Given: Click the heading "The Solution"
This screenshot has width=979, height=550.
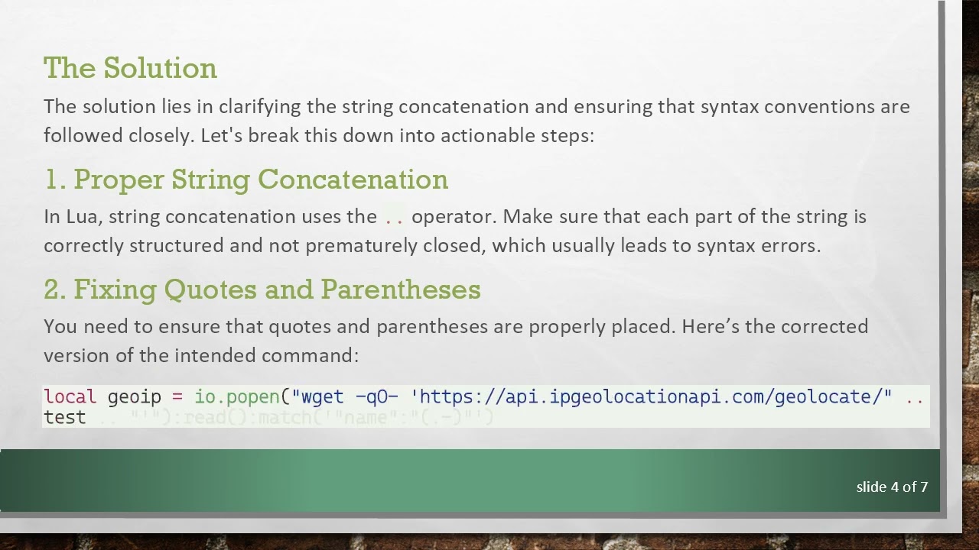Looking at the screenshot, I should point(130,68).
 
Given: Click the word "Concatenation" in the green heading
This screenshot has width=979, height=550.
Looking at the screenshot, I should point(353,180).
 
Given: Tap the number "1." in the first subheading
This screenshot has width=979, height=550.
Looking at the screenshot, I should point(55,180).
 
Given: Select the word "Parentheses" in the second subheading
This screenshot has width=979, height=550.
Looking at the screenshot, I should point(401,290).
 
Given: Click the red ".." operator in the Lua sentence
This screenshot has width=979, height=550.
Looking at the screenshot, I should point(394,218).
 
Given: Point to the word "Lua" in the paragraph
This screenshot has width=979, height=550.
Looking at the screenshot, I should point(82,216).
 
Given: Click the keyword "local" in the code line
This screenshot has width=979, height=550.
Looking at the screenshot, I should point(70,396).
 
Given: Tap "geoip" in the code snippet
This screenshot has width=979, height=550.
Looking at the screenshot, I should point(135,396).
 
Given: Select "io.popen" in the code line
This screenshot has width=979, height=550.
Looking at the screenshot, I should point(237,396).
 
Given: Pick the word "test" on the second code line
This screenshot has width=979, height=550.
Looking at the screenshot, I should point(64,418).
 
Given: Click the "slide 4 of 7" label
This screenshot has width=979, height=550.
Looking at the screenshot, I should point(892,487).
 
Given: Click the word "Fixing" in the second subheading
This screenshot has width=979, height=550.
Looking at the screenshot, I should point(115,290).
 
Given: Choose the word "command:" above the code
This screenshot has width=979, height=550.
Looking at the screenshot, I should point(310,355).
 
